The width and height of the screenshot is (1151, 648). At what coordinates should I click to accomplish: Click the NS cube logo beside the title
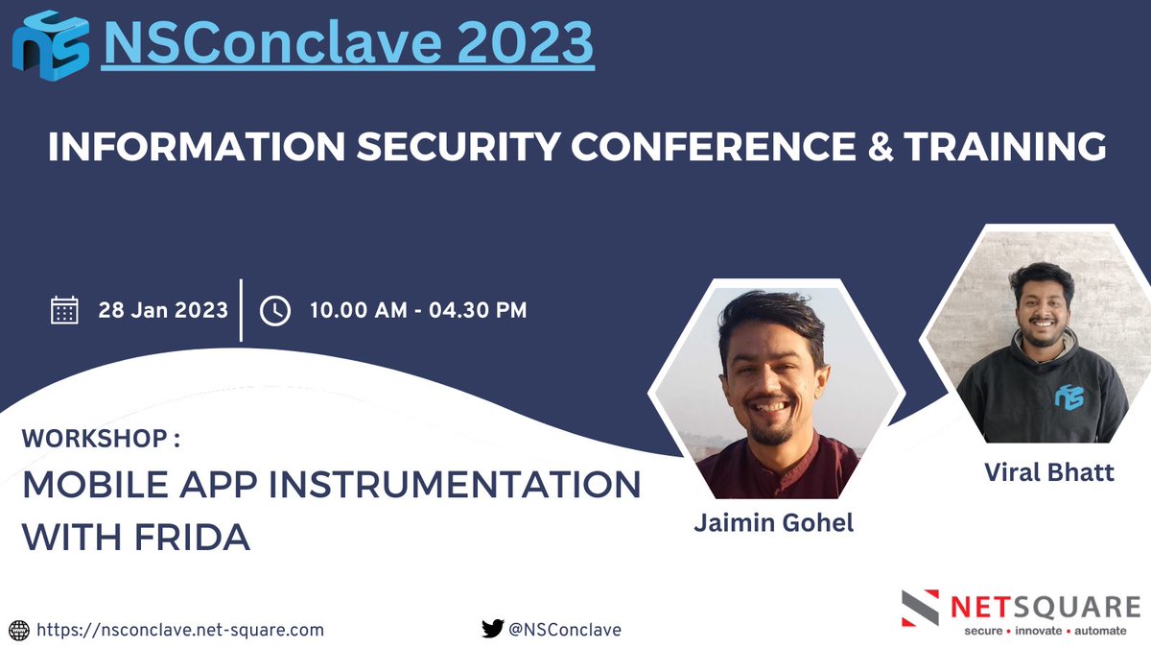point(50,45)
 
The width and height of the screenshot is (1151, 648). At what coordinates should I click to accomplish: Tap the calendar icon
point(64,310)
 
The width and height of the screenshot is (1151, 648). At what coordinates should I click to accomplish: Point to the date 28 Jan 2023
point(163,310)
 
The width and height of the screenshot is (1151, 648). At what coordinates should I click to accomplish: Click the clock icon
point(275,310)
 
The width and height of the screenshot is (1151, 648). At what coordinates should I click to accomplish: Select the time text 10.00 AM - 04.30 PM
point(417,310)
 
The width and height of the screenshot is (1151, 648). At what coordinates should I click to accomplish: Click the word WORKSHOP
point(94,439)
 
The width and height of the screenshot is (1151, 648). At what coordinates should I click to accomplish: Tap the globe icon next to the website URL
point(19,630)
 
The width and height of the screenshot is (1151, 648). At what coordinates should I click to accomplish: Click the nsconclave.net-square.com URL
point(180,630)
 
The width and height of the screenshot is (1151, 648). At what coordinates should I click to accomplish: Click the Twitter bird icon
point(492,629)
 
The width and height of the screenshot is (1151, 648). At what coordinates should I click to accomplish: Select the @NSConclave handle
point(565,630)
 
